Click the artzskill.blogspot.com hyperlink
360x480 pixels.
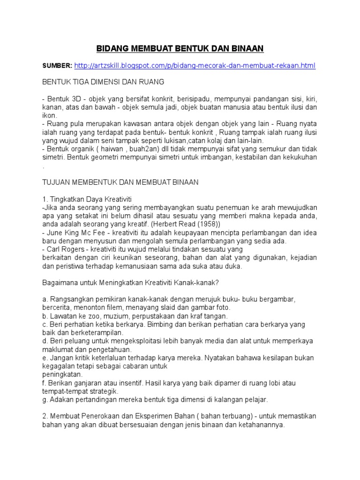click(195, 66)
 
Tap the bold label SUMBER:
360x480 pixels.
click(58, 66)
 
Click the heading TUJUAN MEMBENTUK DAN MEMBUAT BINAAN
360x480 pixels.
click(121, 181)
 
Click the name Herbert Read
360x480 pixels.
click(173, 224)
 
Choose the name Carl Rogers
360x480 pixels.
click(66, 249)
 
